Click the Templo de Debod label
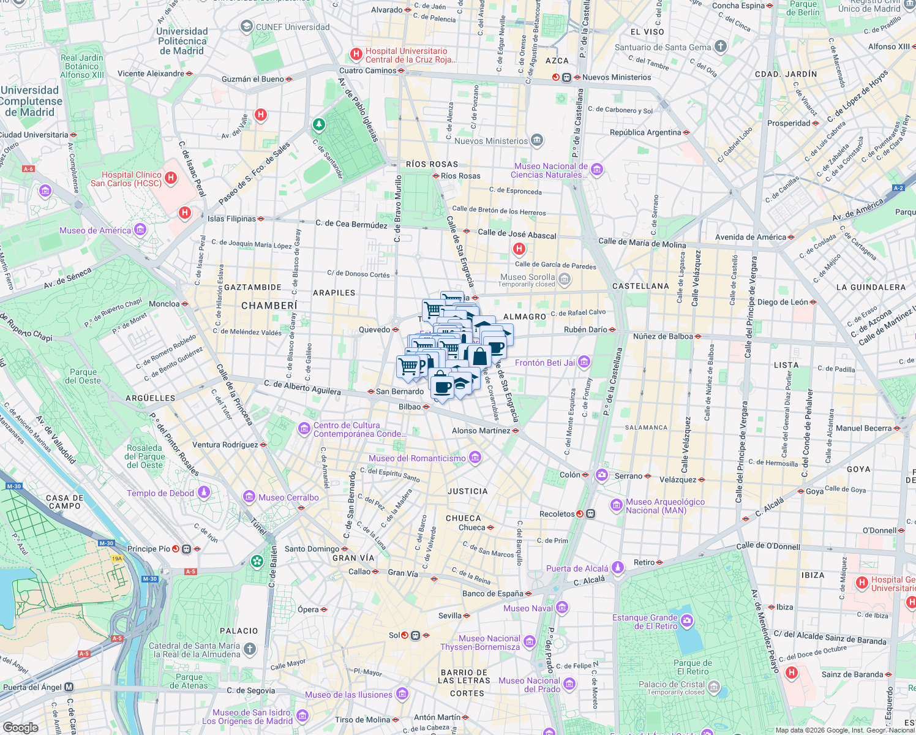pos(160,493)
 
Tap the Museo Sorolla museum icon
pos(565,280)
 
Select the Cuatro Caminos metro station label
pos(368,70)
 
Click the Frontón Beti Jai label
pos(545,363)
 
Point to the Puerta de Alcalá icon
pos(618,568)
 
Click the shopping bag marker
pos(480,356)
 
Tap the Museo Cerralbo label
pos(288,497)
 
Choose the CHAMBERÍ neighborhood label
pos(269,306)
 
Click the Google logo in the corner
pos(20,727)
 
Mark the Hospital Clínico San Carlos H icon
pos(171,178)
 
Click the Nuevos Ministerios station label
pos(617,77)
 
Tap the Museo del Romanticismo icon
pos(475,458)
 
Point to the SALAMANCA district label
pos(646,428)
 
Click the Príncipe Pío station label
pos(149,549)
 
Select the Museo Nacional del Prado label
pos(529,685)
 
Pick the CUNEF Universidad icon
pos(246,26)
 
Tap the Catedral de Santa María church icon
pos(249,649)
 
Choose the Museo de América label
pos(95,230)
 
